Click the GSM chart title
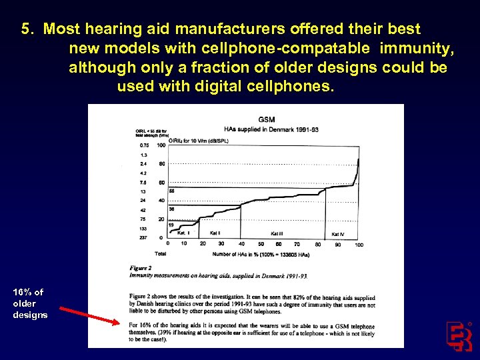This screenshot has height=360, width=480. [x=267, y=120]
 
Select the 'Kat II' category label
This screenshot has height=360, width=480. [x=215, y=233]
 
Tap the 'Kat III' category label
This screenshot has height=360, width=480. [x=277, y=233]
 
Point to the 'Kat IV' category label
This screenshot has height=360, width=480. [x=338, y=234]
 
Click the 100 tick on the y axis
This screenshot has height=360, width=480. [x=161, y=145]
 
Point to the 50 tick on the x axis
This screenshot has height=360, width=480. [x=262, y=245]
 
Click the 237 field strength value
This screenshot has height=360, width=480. [x=143, y=237]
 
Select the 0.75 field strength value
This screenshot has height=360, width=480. [x=144, y=145]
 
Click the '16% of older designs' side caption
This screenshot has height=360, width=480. [x=30, y=303]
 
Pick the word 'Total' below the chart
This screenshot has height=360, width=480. [x=160, y=253]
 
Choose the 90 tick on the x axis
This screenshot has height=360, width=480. [x=340, y=245]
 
